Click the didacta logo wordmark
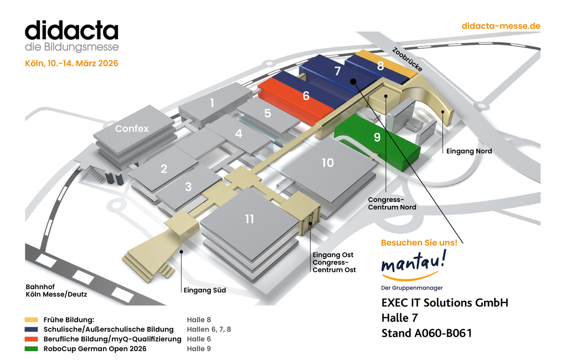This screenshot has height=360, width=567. [71, 30]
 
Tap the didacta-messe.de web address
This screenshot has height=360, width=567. [501, 26]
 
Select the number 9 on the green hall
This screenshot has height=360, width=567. [377, 137]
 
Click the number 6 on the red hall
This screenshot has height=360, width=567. [306, 96]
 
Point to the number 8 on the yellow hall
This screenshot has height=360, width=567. [380, 66]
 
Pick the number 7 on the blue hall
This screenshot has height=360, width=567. [338, 71]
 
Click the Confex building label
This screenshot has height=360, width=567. [132, 128]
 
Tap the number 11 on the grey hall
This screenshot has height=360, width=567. [249, 219]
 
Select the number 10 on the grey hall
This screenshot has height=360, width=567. [328, 162]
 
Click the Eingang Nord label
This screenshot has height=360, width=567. [469, 151]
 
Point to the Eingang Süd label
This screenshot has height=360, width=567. [204, 290]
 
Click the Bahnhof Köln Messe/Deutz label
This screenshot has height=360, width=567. [56, 290]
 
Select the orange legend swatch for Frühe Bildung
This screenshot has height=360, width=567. [32, 320]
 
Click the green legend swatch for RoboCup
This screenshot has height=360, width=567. [32, 348]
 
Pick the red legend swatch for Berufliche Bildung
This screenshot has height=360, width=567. [32, 339]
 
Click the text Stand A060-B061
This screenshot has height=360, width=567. [426, 333]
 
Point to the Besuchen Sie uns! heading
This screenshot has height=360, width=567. [419, 243]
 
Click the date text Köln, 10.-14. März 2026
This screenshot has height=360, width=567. [71, 63]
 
